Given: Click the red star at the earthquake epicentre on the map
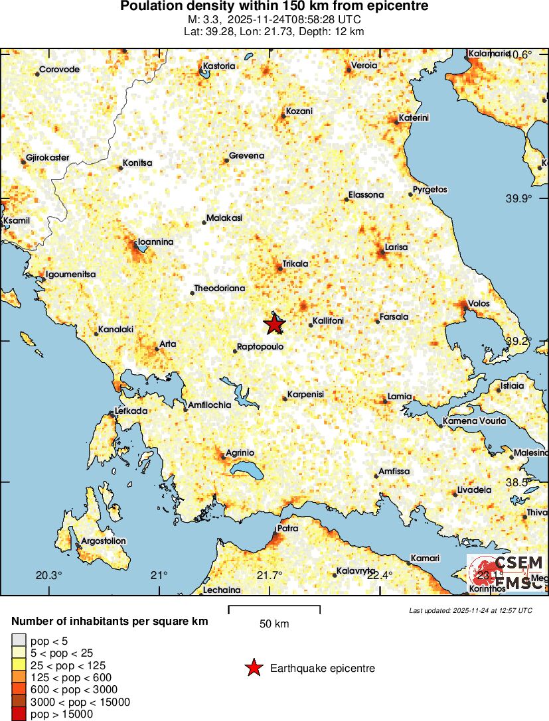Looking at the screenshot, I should coord(274,324).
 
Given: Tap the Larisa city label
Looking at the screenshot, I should coord(397,247).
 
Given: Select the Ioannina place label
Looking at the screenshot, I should coord(155,242).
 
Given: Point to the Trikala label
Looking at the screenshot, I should coord(295,263).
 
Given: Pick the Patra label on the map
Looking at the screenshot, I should coord(287,529).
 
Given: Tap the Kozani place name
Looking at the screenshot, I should coord(299,111).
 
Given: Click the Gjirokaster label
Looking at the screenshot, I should coord(47,158).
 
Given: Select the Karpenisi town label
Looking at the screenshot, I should coord(306,394).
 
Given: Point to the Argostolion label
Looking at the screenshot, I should coord(103,541).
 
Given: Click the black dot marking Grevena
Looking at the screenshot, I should coord(226,160).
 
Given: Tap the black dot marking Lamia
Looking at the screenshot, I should coord(386,401).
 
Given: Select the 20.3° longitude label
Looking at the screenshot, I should coord(49,575).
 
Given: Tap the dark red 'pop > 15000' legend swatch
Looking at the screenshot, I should coord(19,714).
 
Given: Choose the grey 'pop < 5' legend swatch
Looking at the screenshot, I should coord(19,641).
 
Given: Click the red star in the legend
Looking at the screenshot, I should coord(254,668).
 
